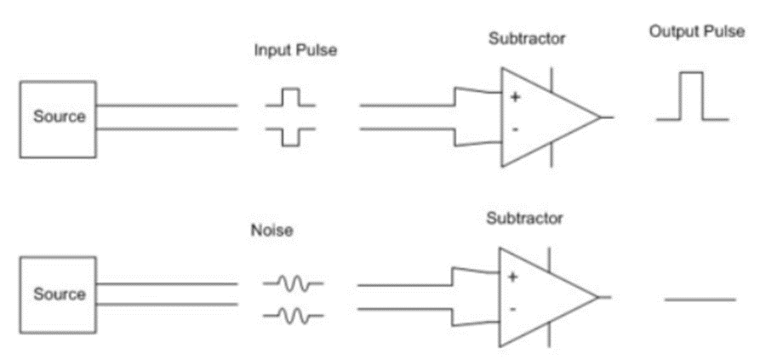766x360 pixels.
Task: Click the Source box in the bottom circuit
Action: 59,294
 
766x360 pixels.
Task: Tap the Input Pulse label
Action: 295,50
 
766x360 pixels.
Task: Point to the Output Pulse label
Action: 696,32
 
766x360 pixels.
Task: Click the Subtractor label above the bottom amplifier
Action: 524,218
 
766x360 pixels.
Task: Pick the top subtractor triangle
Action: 545,117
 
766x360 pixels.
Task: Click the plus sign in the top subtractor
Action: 514,97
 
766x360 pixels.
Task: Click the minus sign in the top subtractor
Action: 514,129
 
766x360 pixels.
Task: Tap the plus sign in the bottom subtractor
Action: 512,277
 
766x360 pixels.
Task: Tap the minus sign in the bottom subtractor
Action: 512,309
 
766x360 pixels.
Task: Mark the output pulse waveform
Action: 692,97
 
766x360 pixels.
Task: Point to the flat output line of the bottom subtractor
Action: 700,300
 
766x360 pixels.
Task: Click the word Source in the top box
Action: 59,117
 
